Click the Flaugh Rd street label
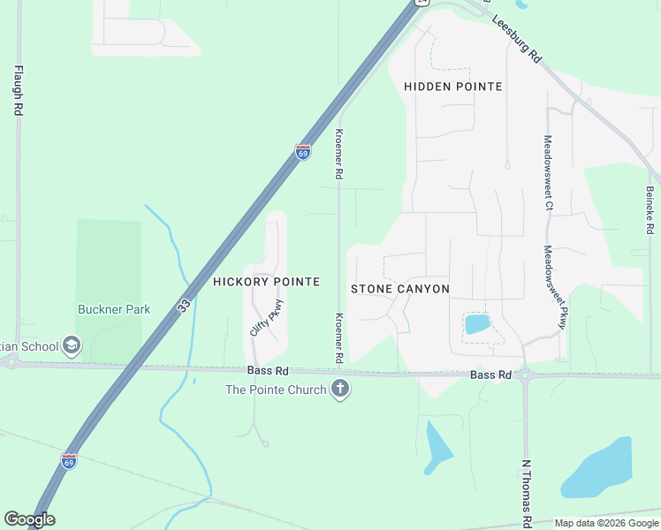[x=18, y=90]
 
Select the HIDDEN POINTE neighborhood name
[x=453, y=87]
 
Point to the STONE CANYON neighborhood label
[x=400, y=289]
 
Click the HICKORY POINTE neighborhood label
[x=266, y=281]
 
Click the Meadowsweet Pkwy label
[x=554, y=286]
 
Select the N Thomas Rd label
[x=526, y=489]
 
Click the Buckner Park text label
[x=114, y=309]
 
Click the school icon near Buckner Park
[x=72, y=346]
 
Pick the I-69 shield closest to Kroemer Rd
[x=303, y=152]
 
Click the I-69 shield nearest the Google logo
[x=69, y=460]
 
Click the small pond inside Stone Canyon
[x=477, y=323]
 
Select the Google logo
[x=29, y=519]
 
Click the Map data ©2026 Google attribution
[x=605, y=523]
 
